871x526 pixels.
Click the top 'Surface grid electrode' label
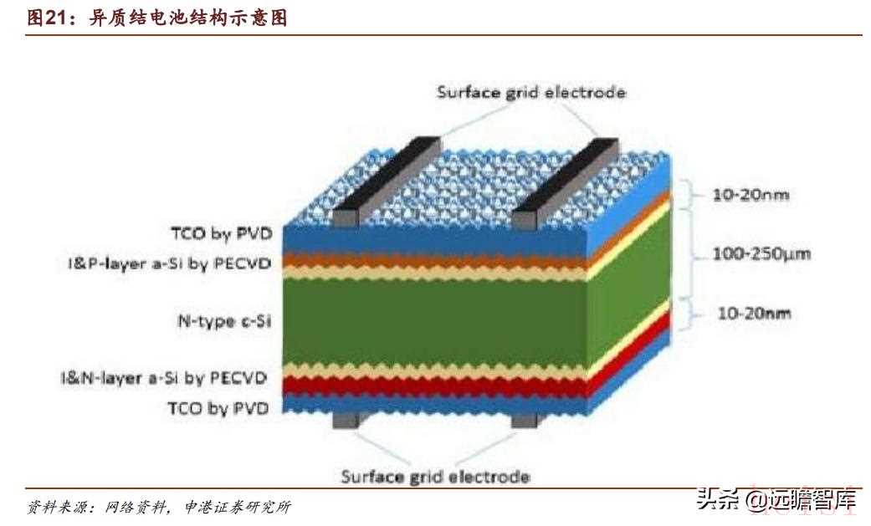pyautogui.click(x=530, y=92)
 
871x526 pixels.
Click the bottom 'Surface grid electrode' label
pyautogui.click(x=435, y=477)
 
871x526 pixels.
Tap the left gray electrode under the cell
pyautogui.click(x=344, y=419)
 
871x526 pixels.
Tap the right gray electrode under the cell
pyautogui.click(x=523, y=419)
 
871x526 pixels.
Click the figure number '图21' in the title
pyautogui.click(x=47, y=17)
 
